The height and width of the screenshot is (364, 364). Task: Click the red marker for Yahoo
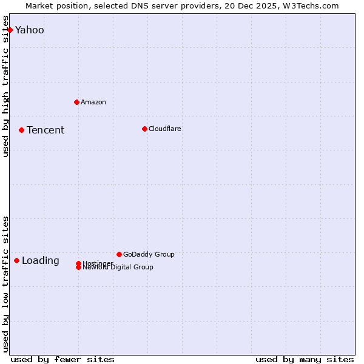[10, 30]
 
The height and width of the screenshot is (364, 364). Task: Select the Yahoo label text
[30, 30]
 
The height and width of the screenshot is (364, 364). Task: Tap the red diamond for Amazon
[76, 102]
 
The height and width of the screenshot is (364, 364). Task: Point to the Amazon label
[93, 102]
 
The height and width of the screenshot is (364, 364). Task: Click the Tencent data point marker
[21, 130]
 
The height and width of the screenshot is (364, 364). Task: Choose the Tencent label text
[45, 130]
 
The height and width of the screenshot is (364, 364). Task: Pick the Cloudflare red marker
[144, 129]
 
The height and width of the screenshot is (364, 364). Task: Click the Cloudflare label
[165, 129]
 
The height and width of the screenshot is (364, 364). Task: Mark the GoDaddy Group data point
[119, 254]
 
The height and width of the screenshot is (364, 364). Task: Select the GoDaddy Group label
[149, 254]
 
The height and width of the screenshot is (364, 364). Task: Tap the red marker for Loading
[16, 260]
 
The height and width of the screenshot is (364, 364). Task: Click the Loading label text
[41, 261]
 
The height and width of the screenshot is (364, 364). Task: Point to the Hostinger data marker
[78, 263]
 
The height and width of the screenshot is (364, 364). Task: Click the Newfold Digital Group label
[118, 268]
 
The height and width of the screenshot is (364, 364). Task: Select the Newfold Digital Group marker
[78, 268]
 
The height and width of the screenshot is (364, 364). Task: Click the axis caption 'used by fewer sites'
[62, 360]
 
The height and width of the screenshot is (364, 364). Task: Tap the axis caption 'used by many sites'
[305, 360]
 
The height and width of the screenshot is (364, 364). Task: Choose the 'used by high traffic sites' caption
[6, 86]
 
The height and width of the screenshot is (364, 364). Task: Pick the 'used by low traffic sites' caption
[6, 284]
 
